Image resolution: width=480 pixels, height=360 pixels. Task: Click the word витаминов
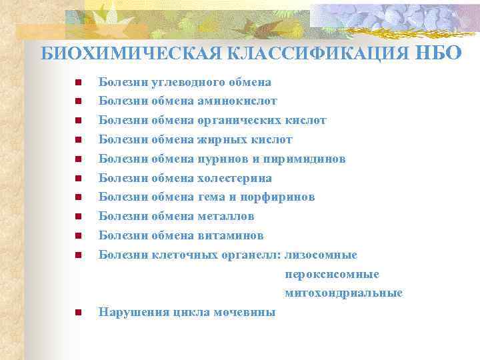click(x=231, y=236)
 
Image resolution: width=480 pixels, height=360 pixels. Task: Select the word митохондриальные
click(x=343, y=293)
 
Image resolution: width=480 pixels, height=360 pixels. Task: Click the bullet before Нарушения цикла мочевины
click(x=78, y=312)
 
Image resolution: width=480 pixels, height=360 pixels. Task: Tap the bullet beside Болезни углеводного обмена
click(x=78, y=83)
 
